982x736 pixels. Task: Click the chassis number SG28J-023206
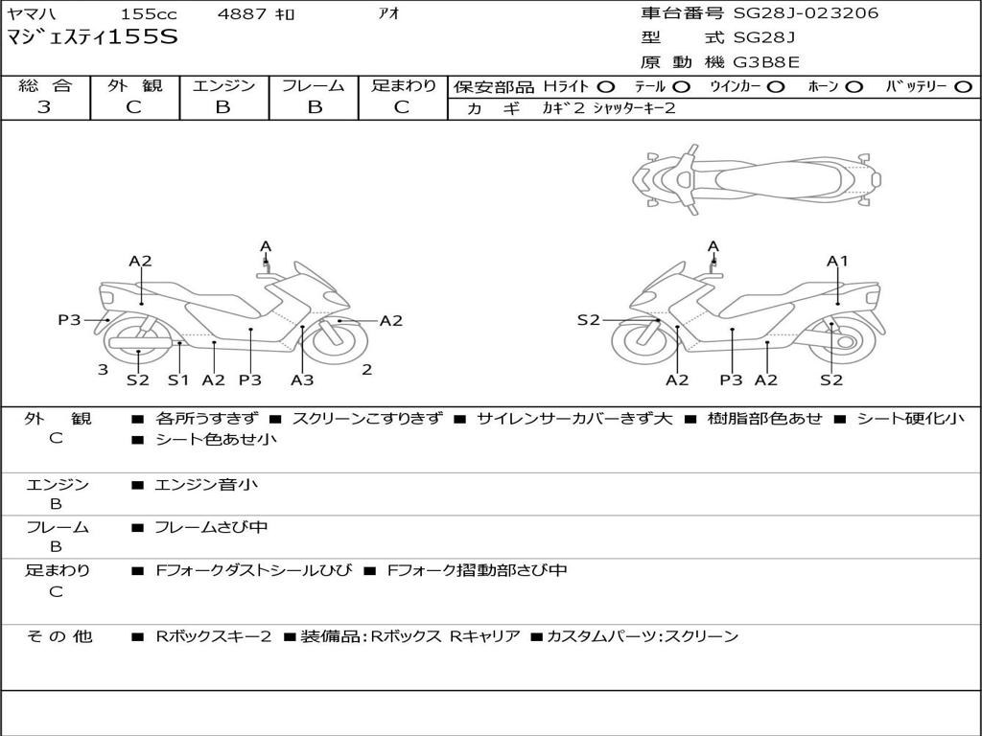[x=806, y=13]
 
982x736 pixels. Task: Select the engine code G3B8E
[x=766, y=62]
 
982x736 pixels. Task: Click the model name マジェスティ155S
[x=92, y=38]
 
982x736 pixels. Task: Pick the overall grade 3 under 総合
[x=44, y=107]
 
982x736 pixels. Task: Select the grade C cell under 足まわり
[x=402, y=107]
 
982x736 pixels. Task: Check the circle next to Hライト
[x=606, y=86]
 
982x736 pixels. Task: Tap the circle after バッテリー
[x=963, y=86]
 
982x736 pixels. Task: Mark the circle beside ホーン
[x=854, y=86]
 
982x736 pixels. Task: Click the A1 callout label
[x=838, y=261]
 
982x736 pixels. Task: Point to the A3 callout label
[x=302, y=380]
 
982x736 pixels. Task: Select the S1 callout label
[x=178, y=380]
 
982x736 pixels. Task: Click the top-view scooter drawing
[x=756, y=178]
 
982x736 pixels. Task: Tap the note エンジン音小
[x=206, y=485]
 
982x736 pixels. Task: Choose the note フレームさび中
[x=211, y=527]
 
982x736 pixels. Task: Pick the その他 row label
[x=57, y=636]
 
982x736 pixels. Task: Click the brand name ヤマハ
[x=33, y=14]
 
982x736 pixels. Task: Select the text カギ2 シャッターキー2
[x=609, y=108]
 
